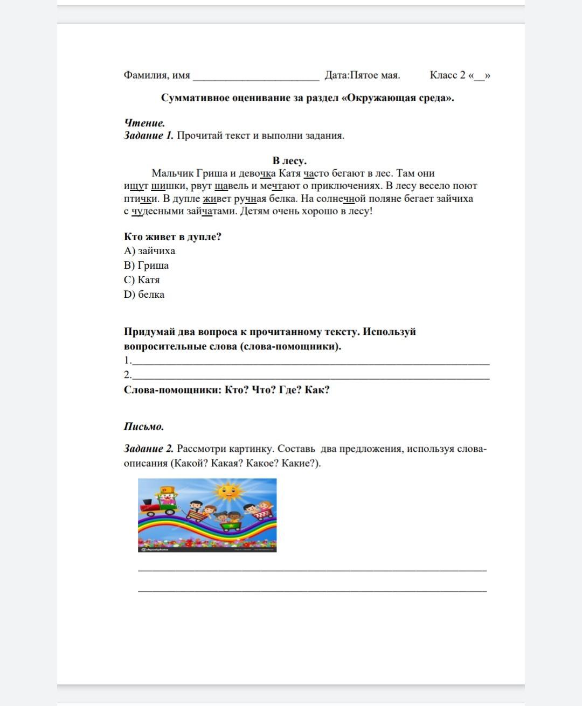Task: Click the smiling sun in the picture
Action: (228, 491)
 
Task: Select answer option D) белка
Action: (144, 295)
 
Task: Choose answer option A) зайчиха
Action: (149, 251)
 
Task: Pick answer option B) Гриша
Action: (146, 265)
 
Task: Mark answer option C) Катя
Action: (142, 280)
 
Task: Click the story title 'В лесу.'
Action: (289, 160)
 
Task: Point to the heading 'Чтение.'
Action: (144, 123)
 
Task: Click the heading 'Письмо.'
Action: (144, 427)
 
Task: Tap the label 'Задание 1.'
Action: (149, 136)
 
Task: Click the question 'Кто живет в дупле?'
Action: (172, 237)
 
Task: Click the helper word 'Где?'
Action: (289, 390)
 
